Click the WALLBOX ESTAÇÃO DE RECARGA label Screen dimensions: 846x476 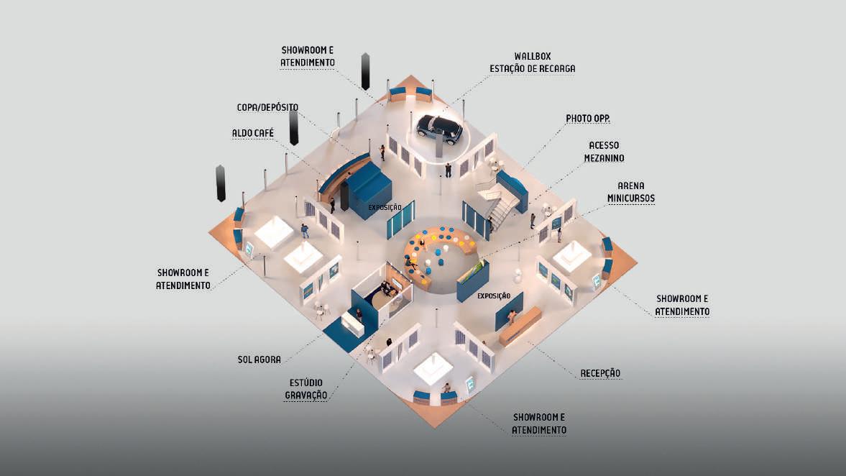coord(543,62)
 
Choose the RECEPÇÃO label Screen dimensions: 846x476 coord(600,373)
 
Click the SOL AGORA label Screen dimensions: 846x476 coord(259,359)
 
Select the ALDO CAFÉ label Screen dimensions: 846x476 coord(253,133)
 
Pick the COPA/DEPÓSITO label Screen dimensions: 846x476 coord(267,107)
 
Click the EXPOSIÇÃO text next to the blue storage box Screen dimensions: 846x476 coord(385,207)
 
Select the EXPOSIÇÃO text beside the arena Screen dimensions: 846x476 coord(493,296)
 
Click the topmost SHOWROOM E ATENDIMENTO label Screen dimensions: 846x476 coord(308,56)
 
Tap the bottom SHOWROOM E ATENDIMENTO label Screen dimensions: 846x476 coord(539,424)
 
